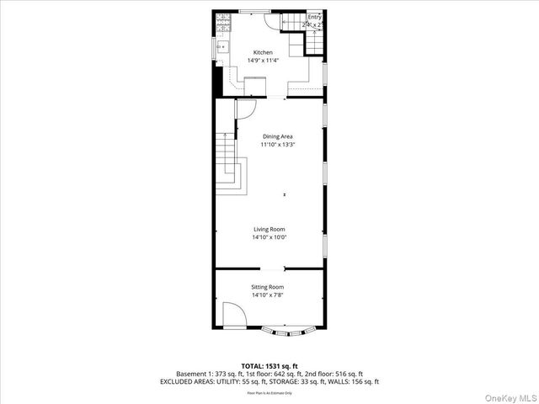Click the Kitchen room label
[263, 52]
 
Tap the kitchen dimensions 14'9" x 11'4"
[263, 61]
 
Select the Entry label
[314, 17]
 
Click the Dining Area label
[278, 136]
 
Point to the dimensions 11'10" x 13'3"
[278, 145]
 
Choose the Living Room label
[269, 229]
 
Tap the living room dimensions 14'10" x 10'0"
[269, 237]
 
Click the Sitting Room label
[267, 288]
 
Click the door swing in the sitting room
[233, 319]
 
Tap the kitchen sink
[223, 47]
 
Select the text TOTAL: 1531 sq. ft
[269, 366]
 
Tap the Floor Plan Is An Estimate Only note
[269, 393]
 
